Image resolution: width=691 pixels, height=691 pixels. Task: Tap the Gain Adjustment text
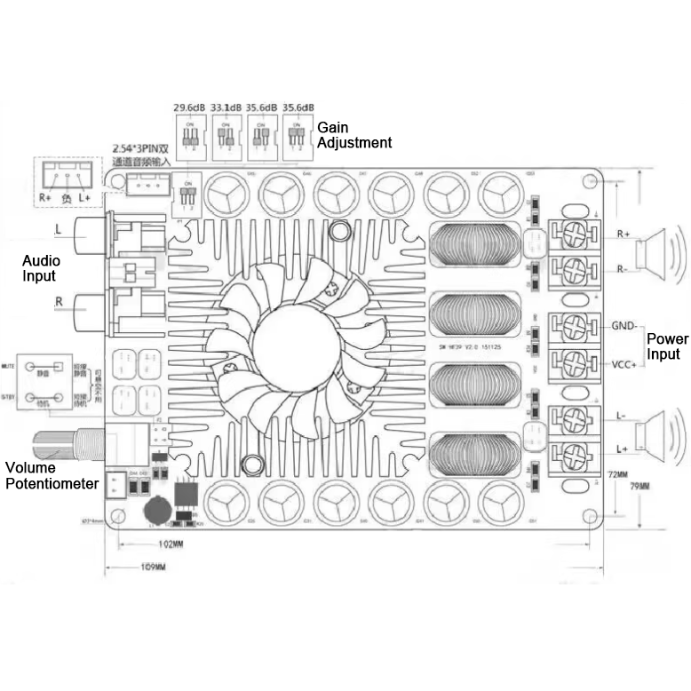pos(353,135)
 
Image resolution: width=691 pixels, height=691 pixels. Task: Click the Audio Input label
pos(42,268)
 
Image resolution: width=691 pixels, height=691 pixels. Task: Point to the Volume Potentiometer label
pos(52,475)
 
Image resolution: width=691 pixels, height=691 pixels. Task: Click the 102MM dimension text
pos(171,544)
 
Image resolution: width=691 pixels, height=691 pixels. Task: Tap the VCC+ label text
pos(623,363)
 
